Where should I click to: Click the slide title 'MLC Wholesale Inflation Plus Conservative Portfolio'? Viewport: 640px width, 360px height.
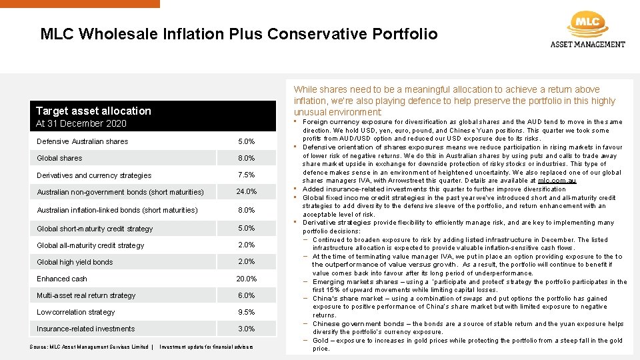(x=239, y=34)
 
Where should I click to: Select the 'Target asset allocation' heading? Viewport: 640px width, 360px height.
(x=93, y=111)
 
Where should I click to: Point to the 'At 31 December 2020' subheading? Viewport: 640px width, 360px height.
(x=81, y=123)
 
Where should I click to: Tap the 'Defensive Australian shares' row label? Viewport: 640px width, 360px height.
(x=82, y=141)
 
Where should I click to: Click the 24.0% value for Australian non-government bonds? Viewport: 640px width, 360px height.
(x=246, y=191)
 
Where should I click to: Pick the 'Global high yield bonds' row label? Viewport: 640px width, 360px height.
(x=75, y=262)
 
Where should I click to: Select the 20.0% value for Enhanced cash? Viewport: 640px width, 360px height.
(x=246, y=279)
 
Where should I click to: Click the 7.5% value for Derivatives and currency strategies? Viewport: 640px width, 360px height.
(x=246, y=175)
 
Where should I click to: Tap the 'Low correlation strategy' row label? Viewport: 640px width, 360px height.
(x=75, y=312)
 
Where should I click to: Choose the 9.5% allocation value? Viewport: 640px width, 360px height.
(x=246, y=312)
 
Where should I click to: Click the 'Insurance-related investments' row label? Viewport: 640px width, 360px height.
(x=85, y=329)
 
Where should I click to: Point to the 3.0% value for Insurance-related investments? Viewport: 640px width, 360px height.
(x=246, y=329)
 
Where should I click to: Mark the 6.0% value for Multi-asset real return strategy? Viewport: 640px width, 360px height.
(x=246, y=295)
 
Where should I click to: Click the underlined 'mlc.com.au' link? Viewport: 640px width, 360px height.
(x=557, y=181)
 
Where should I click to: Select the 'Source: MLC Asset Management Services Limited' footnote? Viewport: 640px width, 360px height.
(x=89, y=347)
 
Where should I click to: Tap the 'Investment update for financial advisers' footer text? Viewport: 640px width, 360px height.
(x=206, y=347)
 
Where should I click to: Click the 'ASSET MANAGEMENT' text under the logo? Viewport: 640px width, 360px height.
(x=587, y=45)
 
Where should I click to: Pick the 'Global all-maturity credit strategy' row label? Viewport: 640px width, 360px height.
(x=90, y=245)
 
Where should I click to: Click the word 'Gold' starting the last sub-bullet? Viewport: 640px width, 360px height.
(x=320, y=341)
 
